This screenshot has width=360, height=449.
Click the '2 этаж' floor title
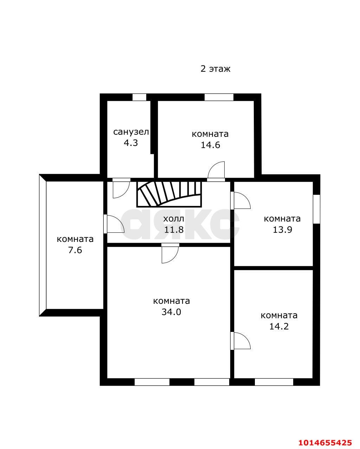pos(216,69)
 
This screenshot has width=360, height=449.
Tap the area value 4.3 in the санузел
pos(131,143)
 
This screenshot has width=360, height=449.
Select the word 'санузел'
pos(131,132)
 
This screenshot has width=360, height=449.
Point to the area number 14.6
pos(210,145)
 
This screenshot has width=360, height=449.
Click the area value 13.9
pos(282,230)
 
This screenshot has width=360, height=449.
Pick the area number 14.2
pos(279,326)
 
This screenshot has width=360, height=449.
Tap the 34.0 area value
pos(171,312)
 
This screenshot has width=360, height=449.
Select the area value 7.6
pos(75,250)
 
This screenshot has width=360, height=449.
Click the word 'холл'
pos(174,219)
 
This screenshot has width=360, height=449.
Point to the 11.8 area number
pos(174,230)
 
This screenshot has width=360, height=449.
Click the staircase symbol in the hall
pos(169,194)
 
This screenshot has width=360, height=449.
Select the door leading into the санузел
pos(121,188)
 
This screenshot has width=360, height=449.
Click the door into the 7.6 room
pos(114,224)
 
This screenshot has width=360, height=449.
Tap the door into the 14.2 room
pos(240,341)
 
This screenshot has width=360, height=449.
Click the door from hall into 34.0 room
pos(170,253)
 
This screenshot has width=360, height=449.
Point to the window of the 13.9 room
pos(317,209)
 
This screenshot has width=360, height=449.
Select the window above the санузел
pos(140,97)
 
